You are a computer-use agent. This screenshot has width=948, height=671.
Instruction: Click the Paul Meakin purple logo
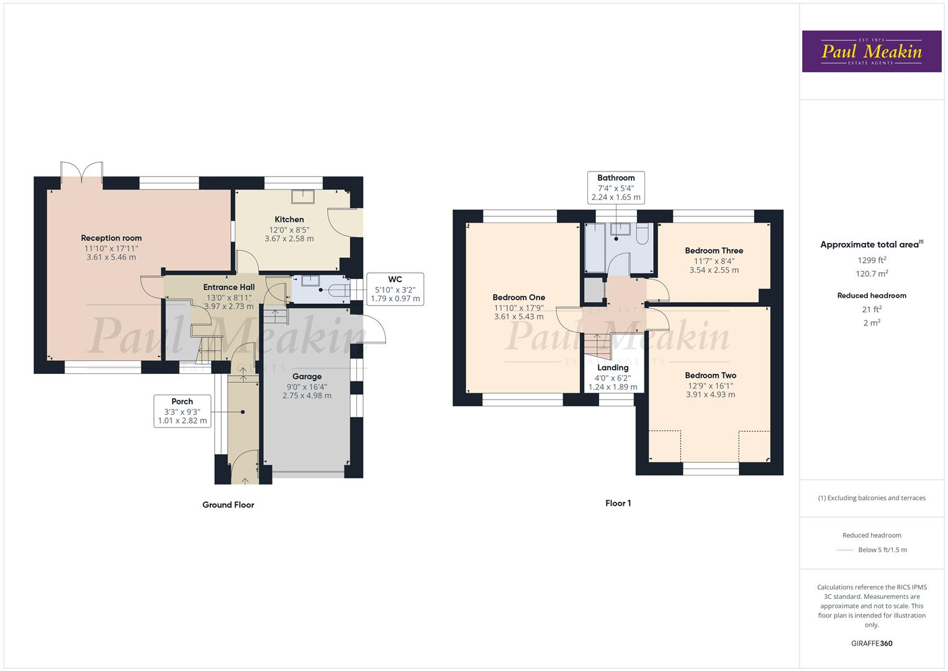[871, 52]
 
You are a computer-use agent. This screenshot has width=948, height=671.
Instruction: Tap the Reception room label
[111, 238]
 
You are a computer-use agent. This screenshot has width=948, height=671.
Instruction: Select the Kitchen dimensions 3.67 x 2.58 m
[289, 239]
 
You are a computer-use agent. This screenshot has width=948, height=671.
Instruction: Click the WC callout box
[395, 289]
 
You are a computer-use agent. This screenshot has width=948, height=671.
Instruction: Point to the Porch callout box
[182, 411]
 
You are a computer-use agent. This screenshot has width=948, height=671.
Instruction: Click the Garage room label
[307, 377]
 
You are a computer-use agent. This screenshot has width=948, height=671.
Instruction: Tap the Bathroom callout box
[616, 188]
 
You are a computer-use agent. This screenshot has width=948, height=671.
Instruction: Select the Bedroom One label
[518, 298]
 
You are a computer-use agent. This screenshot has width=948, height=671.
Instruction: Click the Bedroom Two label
[710, 375]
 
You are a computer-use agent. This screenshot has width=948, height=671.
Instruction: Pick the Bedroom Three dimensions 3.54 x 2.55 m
[714, 270]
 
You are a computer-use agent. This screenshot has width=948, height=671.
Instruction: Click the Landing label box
[612, 377]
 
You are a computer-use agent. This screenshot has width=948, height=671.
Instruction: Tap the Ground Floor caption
[228, 505]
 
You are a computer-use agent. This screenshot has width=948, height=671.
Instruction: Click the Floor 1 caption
[618, 503]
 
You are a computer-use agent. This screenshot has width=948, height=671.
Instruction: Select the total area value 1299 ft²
[872, 260]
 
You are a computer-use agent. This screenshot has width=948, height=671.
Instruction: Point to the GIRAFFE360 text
[872, 643]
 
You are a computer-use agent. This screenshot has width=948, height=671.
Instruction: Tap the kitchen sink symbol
[303, 196]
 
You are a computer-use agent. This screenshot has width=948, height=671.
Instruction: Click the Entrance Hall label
[228, 287]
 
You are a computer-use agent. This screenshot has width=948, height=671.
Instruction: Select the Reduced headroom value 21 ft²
[872, 309]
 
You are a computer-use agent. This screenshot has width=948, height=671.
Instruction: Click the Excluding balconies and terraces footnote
[872, 498]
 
